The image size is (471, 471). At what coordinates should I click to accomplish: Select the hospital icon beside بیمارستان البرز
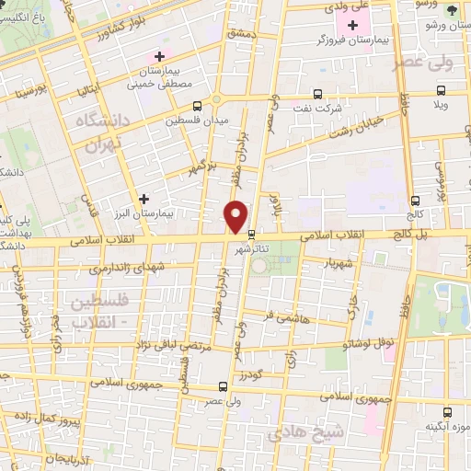pyautogui.click(x=144, y=198)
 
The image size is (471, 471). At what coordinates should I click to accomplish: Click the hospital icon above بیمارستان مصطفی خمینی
pyautogui.click(x=159, y=57)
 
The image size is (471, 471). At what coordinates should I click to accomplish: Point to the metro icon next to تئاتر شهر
pyautogui.click(x=253, y=234)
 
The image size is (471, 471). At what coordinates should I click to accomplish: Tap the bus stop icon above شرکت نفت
pyautogui.click(x=318, y=94)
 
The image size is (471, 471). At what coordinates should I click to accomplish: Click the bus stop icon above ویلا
pyautogui.click(x=442, y=90)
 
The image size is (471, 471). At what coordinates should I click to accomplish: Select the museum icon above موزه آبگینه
pyautogui.click(x=448, y=412)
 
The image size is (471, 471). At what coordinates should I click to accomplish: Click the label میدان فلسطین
pyautogui.click(x=195, y=120)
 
